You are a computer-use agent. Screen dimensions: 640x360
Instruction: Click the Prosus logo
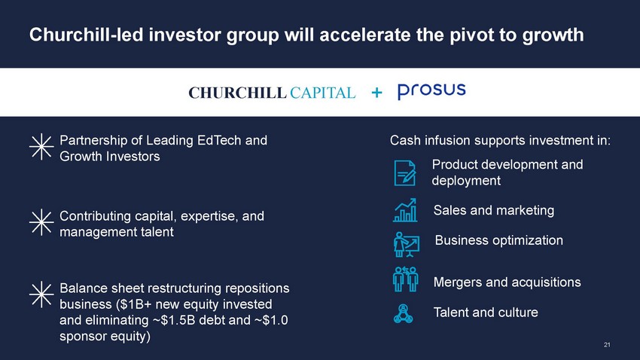click(x=431, y=91)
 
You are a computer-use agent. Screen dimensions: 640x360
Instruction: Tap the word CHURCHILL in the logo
click(x=237, y=93)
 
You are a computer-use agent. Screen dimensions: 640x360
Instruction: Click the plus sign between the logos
click(x=376, y=93)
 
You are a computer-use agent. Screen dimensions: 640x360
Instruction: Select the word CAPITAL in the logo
click(x=322, y=93)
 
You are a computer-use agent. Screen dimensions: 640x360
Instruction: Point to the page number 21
click(x=607, y=345)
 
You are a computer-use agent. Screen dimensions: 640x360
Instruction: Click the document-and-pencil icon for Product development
click(x=405, y=173)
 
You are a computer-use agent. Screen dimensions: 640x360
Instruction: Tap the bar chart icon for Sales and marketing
click(x=405, y=210)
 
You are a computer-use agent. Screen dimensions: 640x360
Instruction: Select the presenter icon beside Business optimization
click(x=406, y=245)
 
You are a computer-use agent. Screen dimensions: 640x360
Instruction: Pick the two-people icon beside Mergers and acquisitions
click(x=405, y=279)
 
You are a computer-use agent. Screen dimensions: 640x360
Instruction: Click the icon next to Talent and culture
click(x=404, y=314)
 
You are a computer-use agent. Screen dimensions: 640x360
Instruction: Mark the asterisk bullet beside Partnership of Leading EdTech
click(x=41, y=147)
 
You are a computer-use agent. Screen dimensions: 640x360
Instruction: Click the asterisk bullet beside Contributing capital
click(x=41, y=222)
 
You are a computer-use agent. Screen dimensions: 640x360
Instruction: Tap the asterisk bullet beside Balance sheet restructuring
click(x=41, y=294)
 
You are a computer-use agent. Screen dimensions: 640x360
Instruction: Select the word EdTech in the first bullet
click(x=219, y=140)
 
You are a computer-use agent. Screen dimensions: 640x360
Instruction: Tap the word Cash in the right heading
click(x=405, y=140)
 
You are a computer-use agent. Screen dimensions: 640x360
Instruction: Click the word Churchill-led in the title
click(x=87, y=35)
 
